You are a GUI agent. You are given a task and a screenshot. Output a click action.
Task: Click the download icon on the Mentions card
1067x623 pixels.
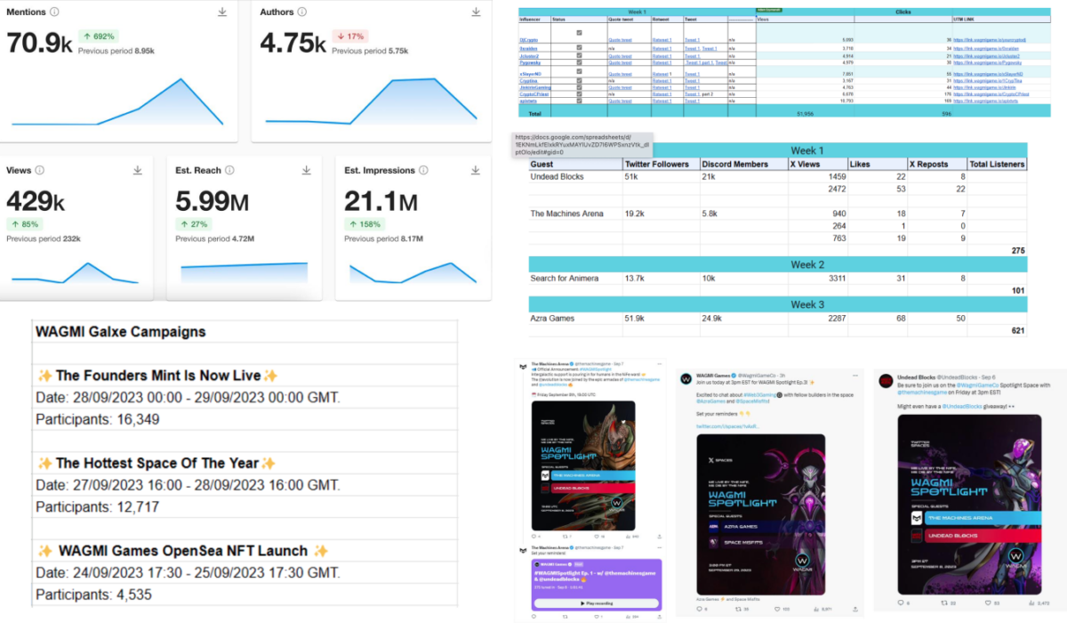coord(222,12)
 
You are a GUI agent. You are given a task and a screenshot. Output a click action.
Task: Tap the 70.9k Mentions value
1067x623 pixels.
coord(39,43)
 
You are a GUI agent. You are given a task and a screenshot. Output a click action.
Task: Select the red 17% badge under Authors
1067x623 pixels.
coord(351,36)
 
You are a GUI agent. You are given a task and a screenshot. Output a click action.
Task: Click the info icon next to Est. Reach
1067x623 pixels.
coord(229,170)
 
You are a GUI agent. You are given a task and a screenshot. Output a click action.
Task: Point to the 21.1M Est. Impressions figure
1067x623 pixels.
coord(381,203)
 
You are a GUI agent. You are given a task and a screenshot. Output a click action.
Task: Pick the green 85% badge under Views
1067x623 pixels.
coord(24,224)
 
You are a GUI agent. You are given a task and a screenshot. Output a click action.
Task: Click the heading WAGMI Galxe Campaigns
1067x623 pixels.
coord(120,332)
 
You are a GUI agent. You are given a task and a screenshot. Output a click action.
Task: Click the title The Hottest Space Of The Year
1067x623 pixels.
coord(156,463)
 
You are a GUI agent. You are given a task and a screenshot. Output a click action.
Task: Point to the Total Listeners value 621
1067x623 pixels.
coord(1014,330)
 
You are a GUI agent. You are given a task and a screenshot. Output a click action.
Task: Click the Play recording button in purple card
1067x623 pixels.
coord(597,603)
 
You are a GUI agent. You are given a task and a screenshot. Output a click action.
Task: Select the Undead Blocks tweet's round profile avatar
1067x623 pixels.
coord(886,380)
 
